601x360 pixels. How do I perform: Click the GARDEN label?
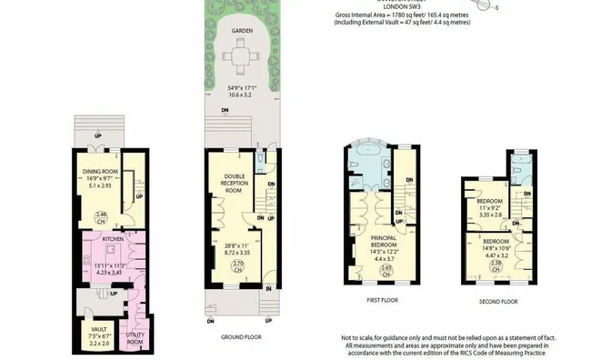click(242, 30)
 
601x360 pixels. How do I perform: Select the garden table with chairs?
click(242, 61)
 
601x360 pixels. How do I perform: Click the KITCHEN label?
click(113, 238)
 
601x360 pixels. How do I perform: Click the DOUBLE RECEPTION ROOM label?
click(235, 183)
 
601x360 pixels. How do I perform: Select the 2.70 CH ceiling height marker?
click(238, 266)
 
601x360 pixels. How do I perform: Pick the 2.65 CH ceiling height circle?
click(386, 269)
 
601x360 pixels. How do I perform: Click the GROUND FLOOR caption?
click(242, 337)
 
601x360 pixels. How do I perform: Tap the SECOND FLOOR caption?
click(498, 301)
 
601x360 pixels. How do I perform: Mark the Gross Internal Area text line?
click(401, 16)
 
